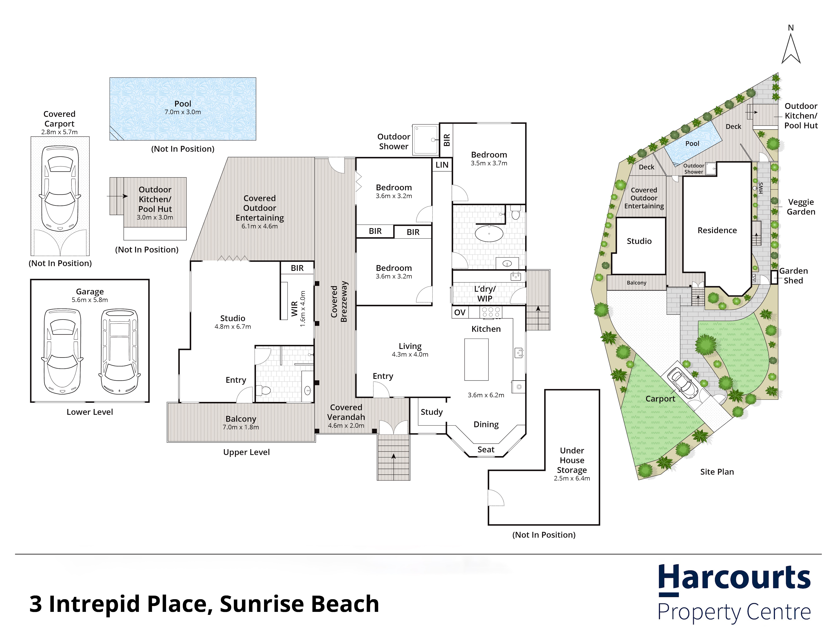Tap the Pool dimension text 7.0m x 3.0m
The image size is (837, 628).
tap(183, 112)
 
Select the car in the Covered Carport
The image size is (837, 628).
tap(60, 188)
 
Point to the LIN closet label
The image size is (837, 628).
tap(442, 165)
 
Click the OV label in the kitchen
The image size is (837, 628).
tap(460, 312)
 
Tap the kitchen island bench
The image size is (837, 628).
tap(476, 359)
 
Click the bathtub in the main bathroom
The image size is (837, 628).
tap(489, 234)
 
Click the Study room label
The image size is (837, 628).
tap(431, 412)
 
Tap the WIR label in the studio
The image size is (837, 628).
tap(294, 309)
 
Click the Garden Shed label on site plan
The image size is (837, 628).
tap(793, 275)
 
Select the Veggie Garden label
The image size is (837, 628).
tap(801, 207)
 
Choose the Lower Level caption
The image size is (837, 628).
tap(90, 412)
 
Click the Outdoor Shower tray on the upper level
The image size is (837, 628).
tap(425, 140)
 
